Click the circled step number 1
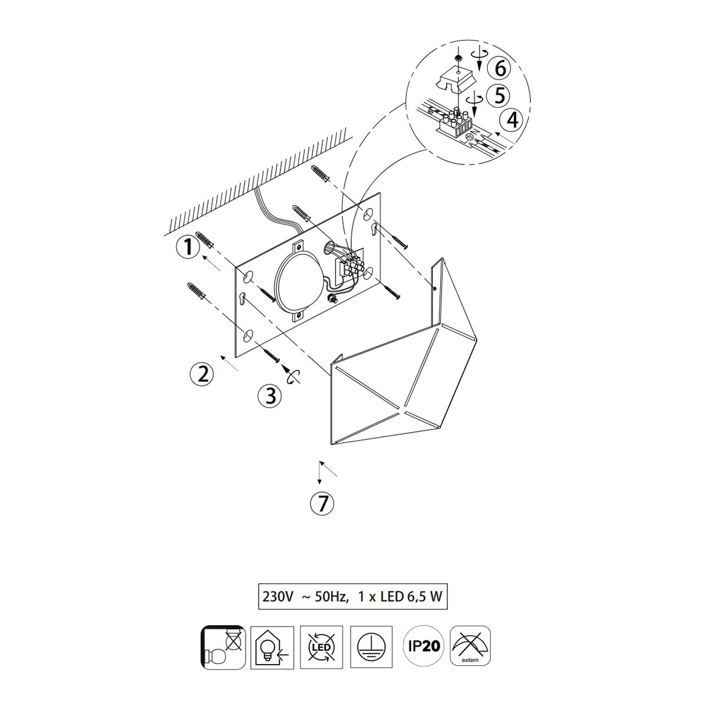coord(188,246)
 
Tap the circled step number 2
coord(202,374)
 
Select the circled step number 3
coord(270,396)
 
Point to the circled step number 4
coord(513,119)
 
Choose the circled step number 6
coord(500,68)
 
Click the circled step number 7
coord(322,503)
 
